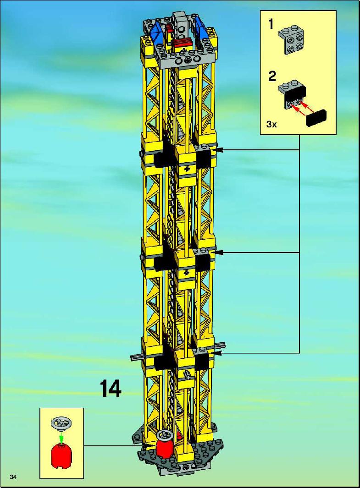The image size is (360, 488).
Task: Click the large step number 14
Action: click(x=111, y=389)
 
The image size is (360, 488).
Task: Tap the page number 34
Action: click(x=13, y=477)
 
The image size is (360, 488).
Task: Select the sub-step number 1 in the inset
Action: click(x=271, y=24)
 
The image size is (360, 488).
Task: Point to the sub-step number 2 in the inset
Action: click(x=272, y=76)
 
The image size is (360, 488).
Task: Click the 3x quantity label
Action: click(x=271, y=125)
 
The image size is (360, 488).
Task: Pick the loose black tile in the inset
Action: click(x=317, y=119)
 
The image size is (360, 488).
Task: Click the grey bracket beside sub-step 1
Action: click(x=291, y=41)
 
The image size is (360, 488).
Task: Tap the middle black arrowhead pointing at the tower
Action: click(x=220, y=253)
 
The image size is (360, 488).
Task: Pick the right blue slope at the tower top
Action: click(x=201, y=30)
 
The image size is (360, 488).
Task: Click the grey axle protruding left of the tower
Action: click(x=137, y=357)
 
